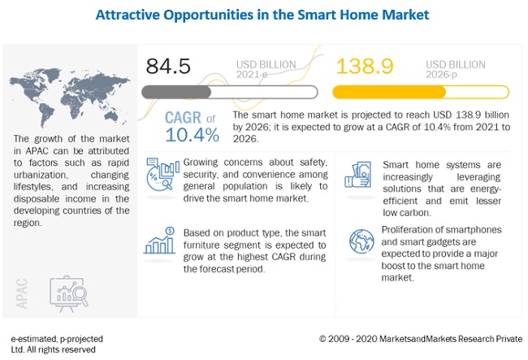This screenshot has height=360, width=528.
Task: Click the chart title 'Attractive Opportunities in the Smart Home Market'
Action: coord(263,14)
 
